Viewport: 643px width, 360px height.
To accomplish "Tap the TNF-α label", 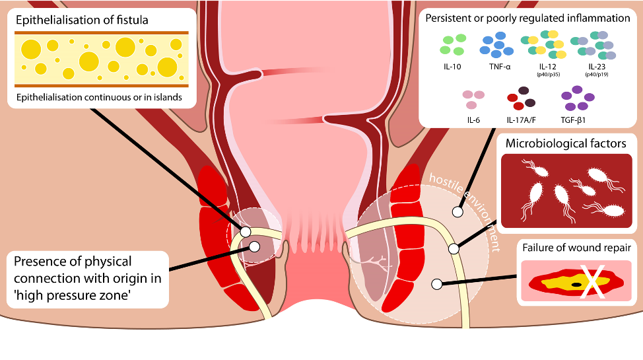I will click(x=497, y=67).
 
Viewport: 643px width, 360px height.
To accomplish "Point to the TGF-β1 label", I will click(x=573, y=120).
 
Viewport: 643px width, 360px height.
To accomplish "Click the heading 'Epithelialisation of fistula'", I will click(x=82, y=20).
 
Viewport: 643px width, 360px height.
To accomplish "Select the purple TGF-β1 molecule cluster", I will click(x=574, y=100).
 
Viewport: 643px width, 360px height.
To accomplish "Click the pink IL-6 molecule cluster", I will click(x=473, y=100).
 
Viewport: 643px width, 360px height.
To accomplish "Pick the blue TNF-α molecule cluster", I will click(x=497, y=44).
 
